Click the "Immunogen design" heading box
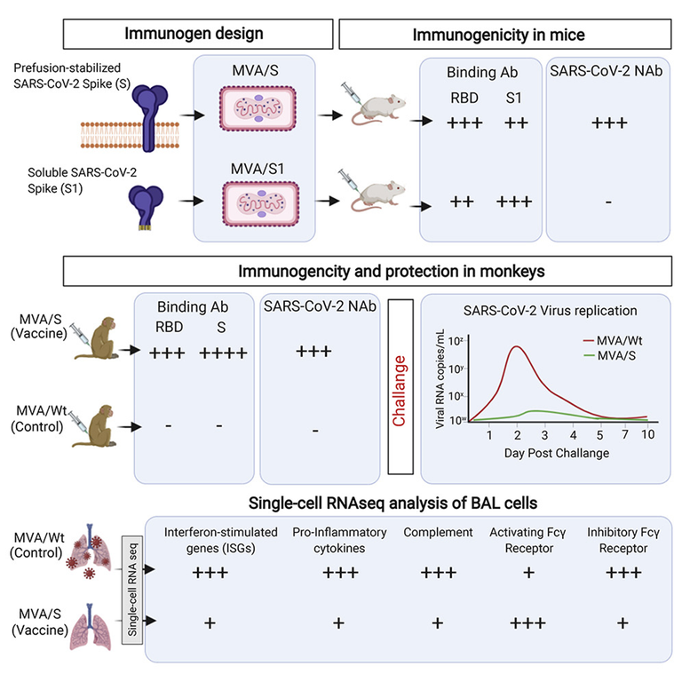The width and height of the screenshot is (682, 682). tap(198, 34)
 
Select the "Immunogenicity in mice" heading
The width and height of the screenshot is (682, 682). tap(498, 35)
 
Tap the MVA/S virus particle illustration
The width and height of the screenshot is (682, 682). tap(258, 108)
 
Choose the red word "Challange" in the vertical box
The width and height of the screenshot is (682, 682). tap(399, 391)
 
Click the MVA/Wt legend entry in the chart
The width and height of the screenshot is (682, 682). tap(613, 341)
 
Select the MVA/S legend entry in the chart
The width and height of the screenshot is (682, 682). tap(609, 356)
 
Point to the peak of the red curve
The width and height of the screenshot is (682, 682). tap(516, 346)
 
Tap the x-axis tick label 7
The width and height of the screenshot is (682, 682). tap(624, 434)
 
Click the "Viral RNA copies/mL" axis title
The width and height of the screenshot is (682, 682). tap(440, 379)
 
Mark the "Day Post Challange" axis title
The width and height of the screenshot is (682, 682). tap(556, 453)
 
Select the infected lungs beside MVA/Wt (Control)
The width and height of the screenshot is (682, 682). tap(89, 551)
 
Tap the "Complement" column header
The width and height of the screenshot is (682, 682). tap(438, 533)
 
